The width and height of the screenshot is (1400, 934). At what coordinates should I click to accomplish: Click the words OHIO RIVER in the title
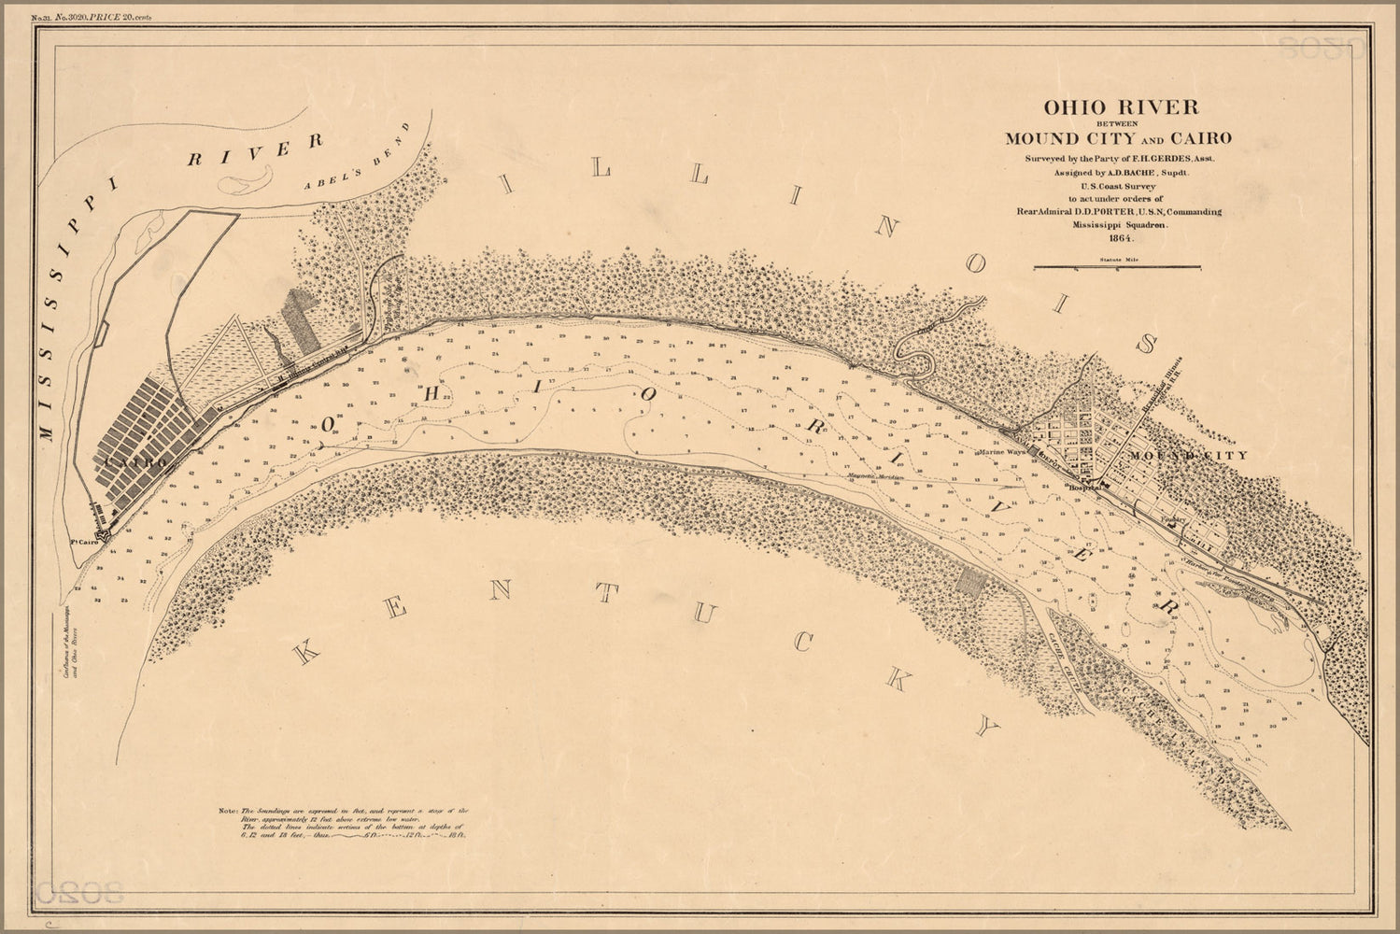1118,106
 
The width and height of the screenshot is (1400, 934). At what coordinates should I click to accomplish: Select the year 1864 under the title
1118,239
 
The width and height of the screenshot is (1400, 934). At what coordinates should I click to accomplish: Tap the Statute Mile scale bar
1117,267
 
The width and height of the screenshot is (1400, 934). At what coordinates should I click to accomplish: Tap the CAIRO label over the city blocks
136,461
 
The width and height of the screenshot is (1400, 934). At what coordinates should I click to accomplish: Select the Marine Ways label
1002,452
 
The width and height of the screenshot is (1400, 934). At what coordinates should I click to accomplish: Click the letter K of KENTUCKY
305,652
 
